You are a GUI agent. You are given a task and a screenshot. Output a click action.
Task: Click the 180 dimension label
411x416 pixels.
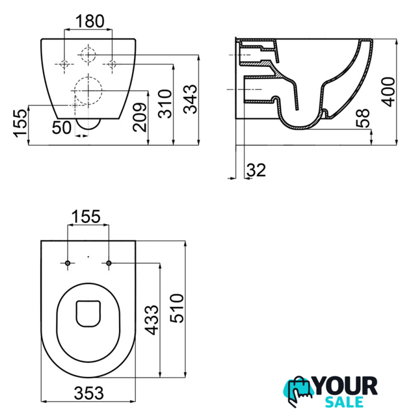pos(90,21)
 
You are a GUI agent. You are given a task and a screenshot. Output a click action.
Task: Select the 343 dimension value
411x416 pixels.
pos(191,99)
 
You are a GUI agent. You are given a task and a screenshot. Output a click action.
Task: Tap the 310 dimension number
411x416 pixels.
pos(165,104)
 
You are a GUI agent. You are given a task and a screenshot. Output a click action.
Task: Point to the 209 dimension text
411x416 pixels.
pos(140,117)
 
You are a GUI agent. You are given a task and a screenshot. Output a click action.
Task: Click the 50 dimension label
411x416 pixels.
pos(62,127)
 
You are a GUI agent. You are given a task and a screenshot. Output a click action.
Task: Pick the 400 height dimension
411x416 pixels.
pos(388,92)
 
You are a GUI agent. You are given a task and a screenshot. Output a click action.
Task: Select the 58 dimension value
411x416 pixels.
pos(363,118)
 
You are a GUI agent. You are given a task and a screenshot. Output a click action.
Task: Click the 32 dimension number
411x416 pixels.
pos(256,170)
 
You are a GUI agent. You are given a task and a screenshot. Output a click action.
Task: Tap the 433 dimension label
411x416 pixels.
pos(152,320)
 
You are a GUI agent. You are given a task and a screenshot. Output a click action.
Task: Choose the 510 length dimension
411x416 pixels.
pos(177,308)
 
